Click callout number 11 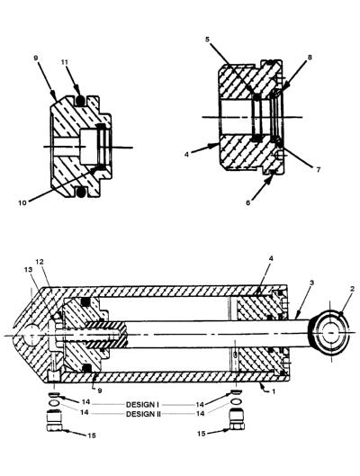[x=64, y=62]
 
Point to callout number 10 [x=22, y=202]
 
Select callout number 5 [x=207, y=40]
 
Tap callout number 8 [x=310, y=57]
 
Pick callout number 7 [x=318, y=170]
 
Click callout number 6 [x=248, y=202]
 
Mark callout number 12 [x=40, y=261]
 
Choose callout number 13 [x=28, y=269]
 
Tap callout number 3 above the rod [x=311, y=283]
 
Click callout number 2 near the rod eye [x=352, y=289]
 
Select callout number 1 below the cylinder [x=274, y=391]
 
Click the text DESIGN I [x=142, y=404]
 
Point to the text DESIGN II [x=143, y=414]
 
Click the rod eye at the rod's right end [x=329, y=332]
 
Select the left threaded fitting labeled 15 [x=55, y=420]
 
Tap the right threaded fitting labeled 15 [x=237, y=419]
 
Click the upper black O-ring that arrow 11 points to [x=80, y=101]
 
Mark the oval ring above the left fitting [x=55, y=402]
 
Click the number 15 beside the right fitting [x=202, y=434]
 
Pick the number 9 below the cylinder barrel [x=100, y=391]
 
